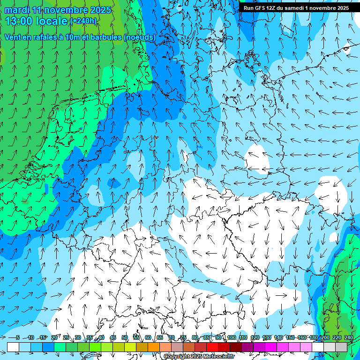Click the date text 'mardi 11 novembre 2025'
(58, 10)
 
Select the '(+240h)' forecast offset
(83, 21)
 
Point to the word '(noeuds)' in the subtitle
(139, 37)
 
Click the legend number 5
(17, 337)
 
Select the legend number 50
(124, 337)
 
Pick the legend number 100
(231, 337)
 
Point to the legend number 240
(348, 337)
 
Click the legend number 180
(313, 337)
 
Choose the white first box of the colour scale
(13, 347)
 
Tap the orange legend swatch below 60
(142, 347)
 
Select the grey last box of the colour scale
(341, 347)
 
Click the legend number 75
(183, 337)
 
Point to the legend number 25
(66, 337)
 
